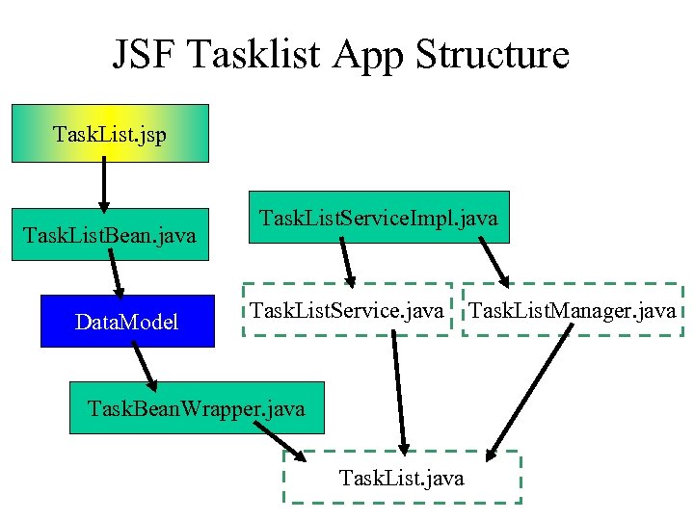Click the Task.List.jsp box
(x=109, y=133)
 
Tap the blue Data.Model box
(x=126, y=321)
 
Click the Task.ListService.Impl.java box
(x=378, y=218)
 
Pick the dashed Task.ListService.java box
(x=347, y=310)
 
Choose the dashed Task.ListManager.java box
(x=572, y=310)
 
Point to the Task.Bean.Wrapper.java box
(x=196, y=407)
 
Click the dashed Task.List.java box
(x=401, y=478)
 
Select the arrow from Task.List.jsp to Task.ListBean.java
(x=103, y=184)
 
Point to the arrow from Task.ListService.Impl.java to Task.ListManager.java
(x=494, y=260)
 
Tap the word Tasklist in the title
(x=256, y=55)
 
